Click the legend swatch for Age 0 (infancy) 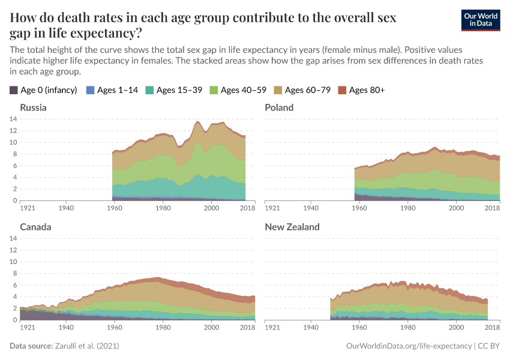click(14, 90)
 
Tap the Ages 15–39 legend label click(181, 90)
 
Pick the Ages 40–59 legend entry click(244, 90)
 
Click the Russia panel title click(33, 107)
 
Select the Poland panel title click(279, 107)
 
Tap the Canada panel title click(35, 227)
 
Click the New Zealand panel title click(292, 227)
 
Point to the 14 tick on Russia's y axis click(13, 119)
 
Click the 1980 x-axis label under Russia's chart click(163, 208)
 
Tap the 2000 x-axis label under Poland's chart click(457, 208)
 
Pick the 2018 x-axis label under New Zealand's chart click(493, 328)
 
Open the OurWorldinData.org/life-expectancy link click(409, 346)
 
